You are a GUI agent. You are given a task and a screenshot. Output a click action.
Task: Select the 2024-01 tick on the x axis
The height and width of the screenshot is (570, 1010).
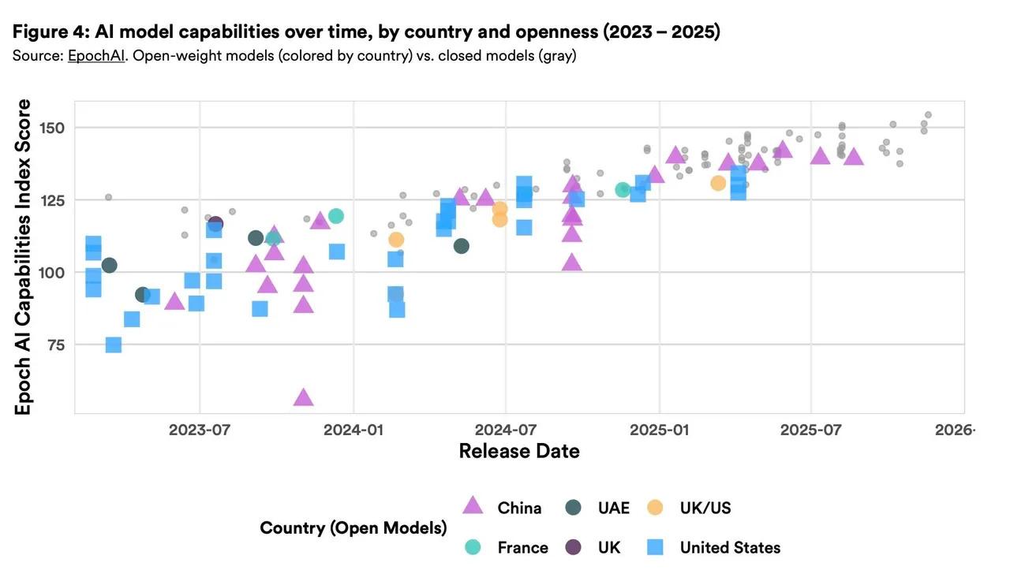[353, 429]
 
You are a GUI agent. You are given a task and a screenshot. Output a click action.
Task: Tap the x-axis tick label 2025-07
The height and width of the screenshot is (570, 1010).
[810, 429]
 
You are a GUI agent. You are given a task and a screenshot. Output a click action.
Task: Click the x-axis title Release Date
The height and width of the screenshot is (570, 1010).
[519, 451]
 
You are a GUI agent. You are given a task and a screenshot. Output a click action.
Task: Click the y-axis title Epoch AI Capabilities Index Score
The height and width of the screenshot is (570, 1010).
[24, 257]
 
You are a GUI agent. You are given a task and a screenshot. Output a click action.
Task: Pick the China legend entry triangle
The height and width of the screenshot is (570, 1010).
[472, 507]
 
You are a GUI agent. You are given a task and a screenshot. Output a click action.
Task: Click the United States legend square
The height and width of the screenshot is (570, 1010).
[654, 547]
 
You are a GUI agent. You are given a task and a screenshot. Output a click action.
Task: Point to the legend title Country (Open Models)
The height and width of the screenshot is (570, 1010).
[353, 527]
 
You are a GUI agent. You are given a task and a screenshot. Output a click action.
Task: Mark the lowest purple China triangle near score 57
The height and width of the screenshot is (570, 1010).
[303, 397]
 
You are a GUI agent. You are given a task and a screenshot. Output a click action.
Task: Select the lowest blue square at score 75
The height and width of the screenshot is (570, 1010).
[113, 345]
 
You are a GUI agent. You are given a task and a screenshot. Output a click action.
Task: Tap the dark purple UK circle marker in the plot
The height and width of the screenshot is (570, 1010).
[215, 224]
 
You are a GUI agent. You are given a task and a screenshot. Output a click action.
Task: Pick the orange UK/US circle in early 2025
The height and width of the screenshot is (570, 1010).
[718, 183]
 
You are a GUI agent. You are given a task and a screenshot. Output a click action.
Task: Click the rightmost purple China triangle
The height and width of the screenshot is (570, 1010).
[854, 157]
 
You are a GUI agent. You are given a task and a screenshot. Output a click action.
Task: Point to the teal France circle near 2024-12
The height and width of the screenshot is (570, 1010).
[623, 189]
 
